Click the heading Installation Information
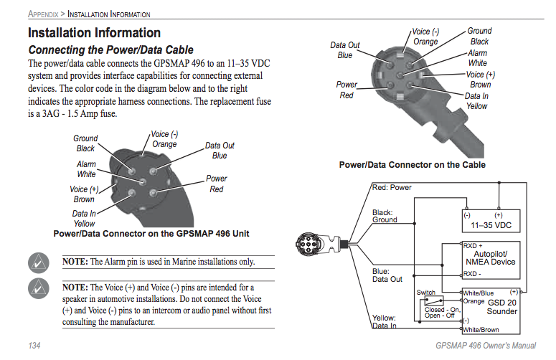click(x=94, y=33)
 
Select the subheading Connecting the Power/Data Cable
click(x=110, y=50)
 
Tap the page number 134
click(x=34, y=346)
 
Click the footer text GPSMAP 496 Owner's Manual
click(x=486, y=346)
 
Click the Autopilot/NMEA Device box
click(x=490, y=258)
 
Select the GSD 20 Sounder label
click(x=502, y=307)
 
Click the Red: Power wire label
click(x=392, y=188)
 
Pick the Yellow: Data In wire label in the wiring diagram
click(x=385, y=321)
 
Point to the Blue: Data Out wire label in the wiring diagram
click(x=387, y=275)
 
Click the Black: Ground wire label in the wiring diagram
click(x=385, y=216)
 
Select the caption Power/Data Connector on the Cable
click(x=412, y=165)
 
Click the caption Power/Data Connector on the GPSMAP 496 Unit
click(x=151, y=233)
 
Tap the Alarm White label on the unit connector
click(x=86, y=169)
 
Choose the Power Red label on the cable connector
click(x=347, y=90)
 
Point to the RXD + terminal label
click(x=473, y=246)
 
